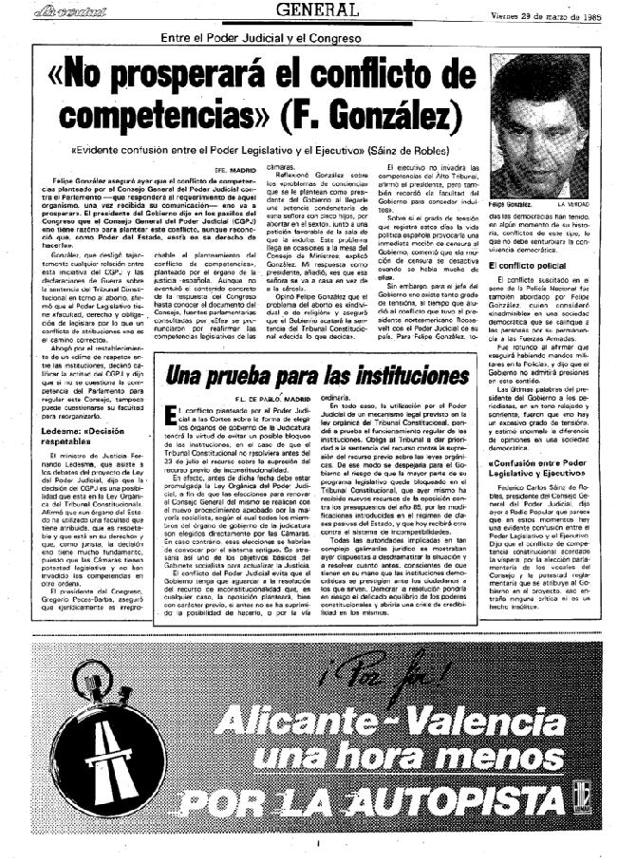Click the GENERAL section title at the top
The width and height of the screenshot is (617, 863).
pos(317,10)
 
